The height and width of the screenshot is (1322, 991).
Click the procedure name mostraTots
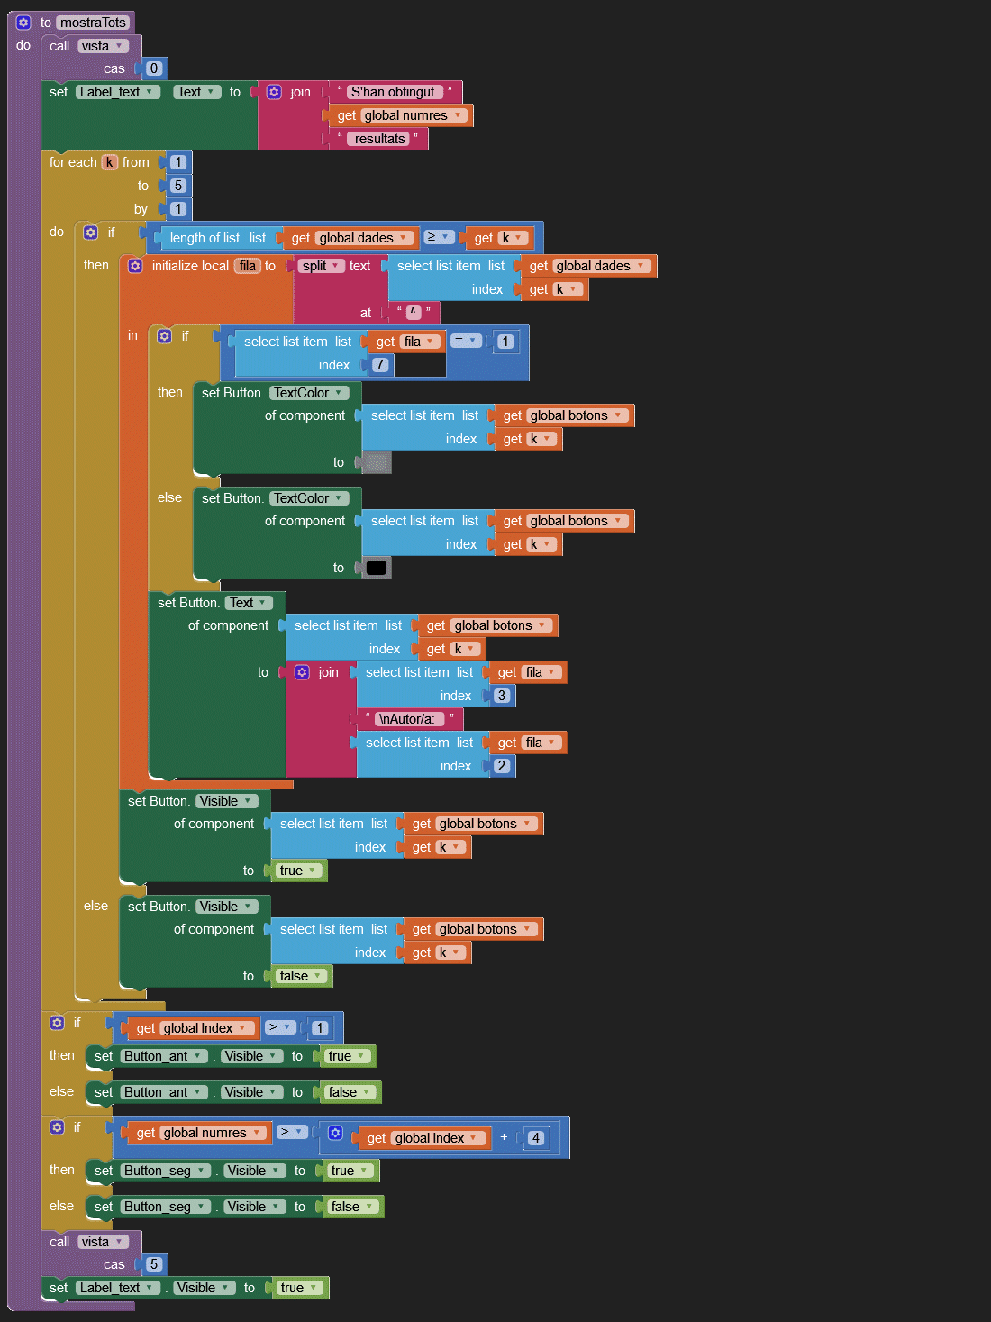pos(94,23)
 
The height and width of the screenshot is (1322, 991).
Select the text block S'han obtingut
pos(393,92)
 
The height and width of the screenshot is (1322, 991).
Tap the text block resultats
pos(379,139)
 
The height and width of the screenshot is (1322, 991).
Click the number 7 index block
pos(379,365)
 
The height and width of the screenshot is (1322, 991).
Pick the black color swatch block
pos(377,568)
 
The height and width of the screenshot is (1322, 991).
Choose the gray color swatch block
pos(377,462)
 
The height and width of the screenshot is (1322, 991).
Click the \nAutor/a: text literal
pos(406,719)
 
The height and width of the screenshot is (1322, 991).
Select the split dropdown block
pos(321,266)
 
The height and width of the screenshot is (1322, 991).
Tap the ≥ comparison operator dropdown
pos(438,237)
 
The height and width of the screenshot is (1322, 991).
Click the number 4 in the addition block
pos(535,1138)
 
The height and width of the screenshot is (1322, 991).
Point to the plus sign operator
pos(504,1137)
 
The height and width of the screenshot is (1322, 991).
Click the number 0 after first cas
pos(154,68)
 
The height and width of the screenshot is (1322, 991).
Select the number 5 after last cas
pos(154,1264)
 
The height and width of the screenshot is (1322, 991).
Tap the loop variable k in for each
pos(109,162)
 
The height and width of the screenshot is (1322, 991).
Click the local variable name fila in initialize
pos(248,266)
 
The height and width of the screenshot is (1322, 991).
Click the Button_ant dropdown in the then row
pos(163,1056)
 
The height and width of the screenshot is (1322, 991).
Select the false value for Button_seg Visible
pos(351,1207)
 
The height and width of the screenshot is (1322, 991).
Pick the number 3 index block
pos(502,696)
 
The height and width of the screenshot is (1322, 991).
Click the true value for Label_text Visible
pos(298,1288)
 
